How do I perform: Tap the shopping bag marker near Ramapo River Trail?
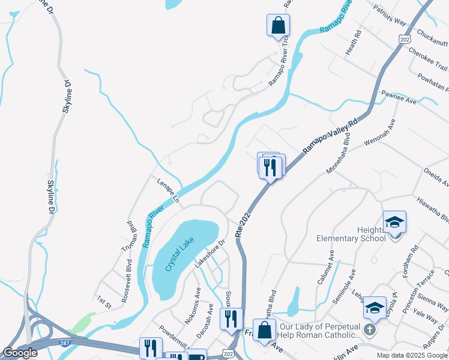(x=278, y=25)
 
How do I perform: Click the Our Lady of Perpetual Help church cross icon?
(x=371, y=329)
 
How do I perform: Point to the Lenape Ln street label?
(x=169, y=188)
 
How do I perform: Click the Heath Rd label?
(x=354, y=43)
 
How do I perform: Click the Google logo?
(x=20, y=353)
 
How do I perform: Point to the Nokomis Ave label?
(x=193, y=306)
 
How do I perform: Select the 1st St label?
(x=104, y=301)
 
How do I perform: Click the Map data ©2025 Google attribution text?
(x=412, y=355)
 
